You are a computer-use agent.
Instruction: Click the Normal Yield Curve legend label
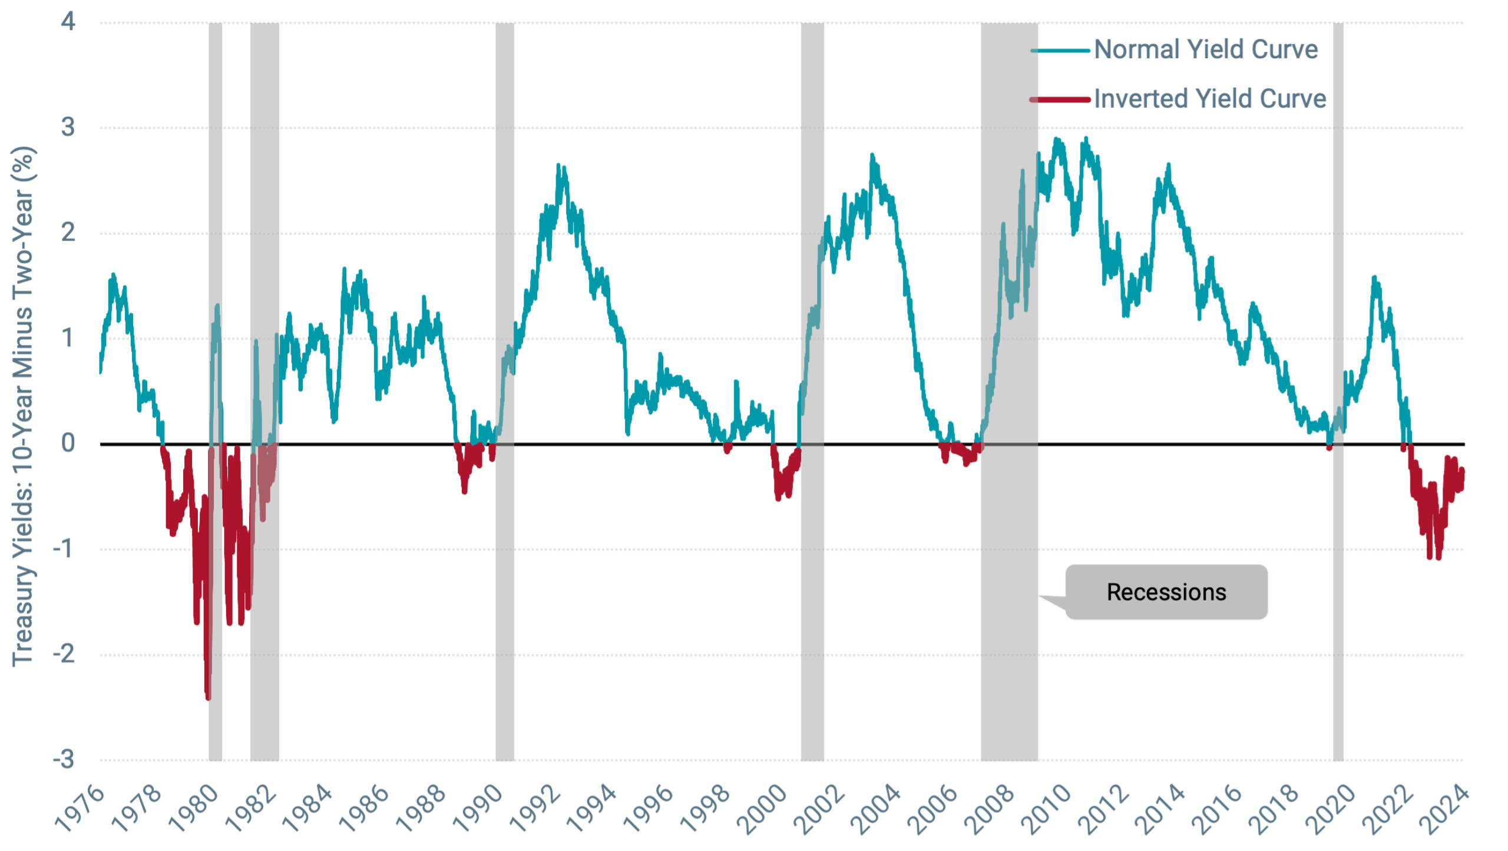(x=1206, y=49)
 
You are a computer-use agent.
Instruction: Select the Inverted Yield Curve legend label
(x=1210, y=98)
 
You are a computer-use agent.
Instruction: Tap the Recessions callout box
(x=1166, y=592)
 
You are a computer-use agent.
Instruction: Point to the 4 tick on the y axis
(x=68, y=22)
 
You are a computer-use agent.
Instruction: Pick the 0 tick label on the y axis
(x=68, y=443)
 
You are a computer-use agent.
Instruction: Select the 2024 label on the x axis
(x=1446, y=810)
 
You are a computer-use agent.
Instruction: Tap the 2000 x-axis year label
(x=763, y=810)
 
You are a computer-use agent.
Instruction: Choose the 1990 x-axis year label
(x=479, y=810)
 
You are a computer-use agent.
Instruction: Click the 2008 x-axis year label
(x=991, y=810)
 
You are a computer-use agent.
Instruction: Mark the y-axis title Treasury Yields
(x=24, y=406)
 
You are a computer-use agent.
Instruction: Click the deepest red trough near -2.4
(x=207, y=698)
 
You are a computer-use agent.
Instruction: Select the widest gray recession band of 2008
(x=1009, y=589)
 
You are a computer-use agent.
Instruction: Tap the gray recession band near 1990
(x=505, y=589)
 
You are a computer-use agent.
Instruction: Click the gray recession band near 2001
(x=812, y=589)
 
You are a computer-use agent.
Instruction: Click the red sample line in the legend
(x=1061, y=100)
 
